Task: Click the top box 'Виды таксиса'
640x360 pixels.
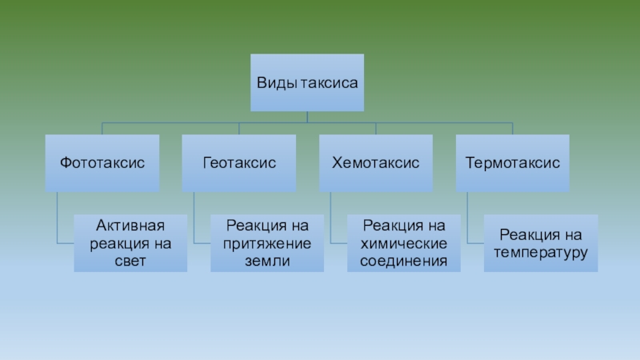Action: pyautogui.click(x=307, y=82)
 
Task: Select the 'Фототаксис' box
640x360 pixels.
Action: pyautogui.click(x=102, y=162)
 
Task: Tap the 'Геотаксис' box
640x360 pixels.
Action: pyautogui.click(x=239, y=162)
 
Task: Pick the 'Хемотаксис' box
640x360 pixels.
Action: pyautogui.click(x=376, y=162)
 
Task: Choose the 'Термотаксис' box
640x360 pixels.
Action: pyautogui.click(x=513, y=162)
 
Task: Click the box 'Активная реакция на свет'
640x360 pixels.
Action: pyautogui.click(x=130, y=242)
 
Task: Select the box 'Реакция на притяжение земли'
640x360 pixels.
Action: pyautogui.click(x=267, y=242)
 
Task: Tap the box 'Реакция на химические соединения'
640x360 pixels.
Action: pyautogui.click(x=404, y=242)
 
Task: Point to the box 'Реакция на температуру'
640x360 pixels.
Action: pyautogui.click(x=541, y=242)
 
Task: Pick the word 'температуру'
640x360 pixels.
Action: pyautogui.click(x=541, y=253)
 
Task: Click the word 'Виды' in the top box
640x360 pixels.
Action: pyautogui.click(x=274, y=83)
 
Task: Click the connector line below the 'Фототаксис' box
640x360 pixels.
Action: pyautogui.click(x=58, y=216)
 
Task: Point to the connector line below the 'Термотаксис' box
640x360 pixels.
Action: pyautogui.click(x=469, y=216)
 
